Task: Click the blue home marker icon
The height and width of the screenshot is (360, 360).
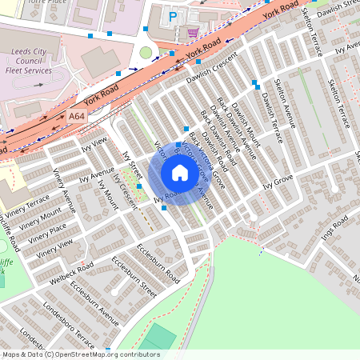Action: click(x=180, y=173)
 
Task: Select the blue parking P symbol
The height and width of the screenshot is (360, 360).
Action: click(x=172, y=16)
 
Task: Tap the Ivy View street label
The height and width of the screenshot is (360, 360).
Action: click(x=94, y=145)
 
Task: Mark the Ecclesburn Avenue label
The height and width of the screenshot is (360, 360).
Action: click(x=94, y=303)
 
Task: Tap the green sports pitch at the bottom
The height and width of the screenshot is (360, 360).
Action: click(x=160, y=338)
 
